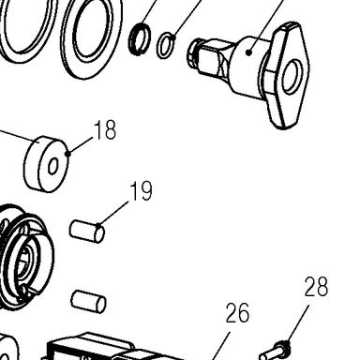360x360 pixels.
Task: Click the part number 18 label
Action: coord(105,129)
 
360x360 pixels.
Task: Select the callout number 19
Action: coord(142,190)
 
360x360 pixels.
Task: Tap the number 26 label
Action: coord(237,313)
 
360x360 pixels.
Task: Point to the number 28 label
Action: coord(316,286)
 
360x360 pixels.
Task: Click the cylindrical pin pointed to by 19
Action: coord(87,232)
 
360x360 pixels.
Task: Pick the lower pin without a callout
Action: coord(88,302)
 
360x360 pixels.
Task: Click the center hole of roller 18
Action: coord(52,166)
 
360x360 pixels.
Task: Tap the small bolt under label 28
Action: coord(275,352)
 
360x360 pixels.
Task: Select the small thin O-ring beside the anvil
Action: coord(166,46)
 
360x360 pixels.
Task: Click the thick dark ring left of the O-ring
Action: coord(140,39)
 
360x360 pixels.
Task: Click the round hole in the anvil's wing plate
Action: coord(292,78)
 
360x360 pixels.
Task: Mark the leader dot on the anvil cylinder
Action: coord(248,52)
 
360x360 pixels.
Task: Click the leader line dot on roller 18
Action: coord(68,153)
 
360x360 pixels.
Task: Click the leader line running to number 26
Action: coord(220,346)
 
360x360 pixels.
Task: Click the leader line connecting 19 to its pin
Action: coord(113,214)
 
